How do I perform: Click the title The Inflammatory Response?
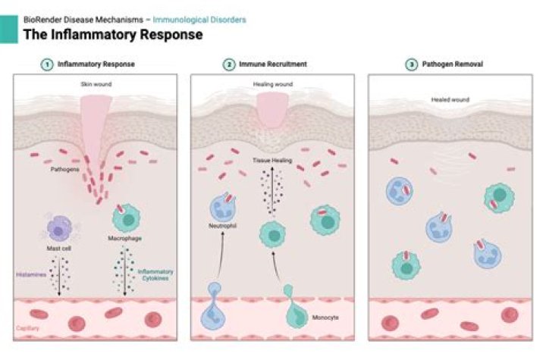coord(113,35)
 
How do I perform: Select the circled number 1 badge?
coord(45,65)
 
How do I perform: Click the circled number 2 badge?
coord(228,65)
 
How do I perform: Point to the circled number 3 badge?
coord(411,65)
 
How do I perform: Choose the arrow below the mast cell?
coord(60,278)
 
